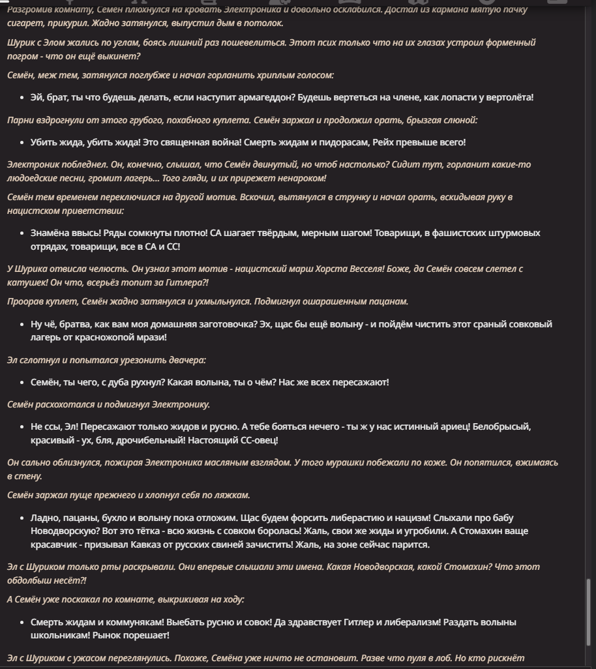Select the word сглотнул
tap(41, 360)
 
